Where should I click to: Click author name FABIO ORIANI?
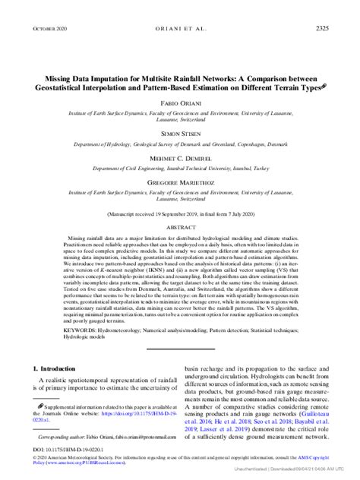click(x=180, y=101)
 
